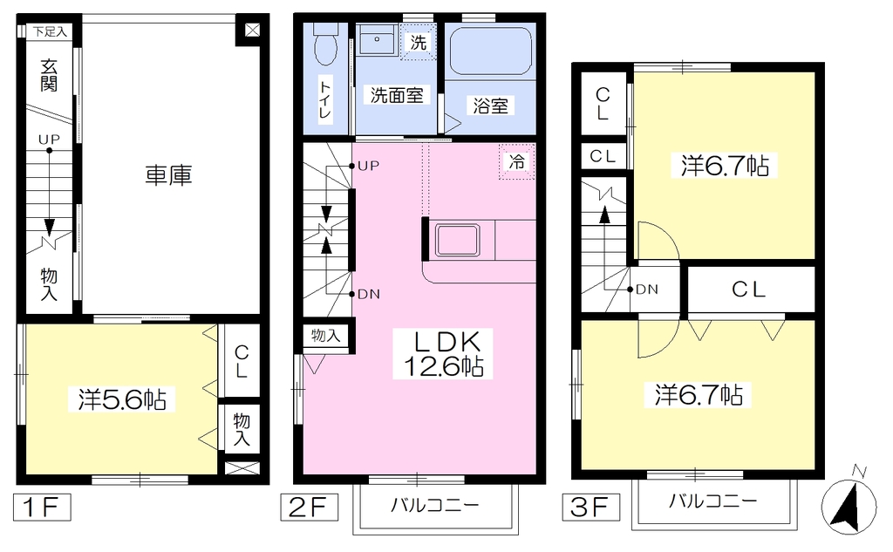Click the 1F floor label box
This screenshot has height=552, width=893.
click(x=42, y=507)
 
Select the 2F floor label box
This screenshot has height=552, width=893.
click(x=310, y=507)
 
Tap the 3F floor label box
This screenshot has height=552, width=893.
click(x=591, y=507)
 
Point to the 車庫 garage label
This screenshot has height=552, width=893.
click(x=168, y=175)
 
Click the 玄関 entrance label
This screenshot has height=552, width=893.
click(x=49, y=76)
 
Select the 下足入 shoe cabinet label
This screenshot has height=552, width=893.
click(x=50, y=32)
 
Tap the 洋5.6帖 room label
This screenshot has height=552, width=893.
click(x=122, y=399)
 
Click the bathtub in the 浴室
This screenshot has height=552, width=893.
click(x=490, y=51)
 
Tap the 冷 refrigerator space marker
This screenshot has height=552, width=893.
click(x=517, y=162)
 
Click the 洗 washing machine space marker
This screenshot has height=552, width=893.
click(x=419, y=42)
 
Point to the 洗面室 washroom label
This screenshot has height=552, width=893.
click(x=397, y=95)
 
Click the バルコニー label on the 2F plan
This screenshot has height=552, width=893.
click(x=435, y=505)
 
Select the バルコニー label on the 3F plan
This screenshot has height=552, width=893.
click(x=713, y=501)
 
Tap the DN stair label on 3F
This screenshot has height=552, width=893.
click(x=647, y=290)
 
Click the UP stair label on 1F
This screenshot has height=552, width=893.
click(x=49, y=139)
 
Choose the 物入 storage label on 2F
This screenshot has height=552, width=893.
click(x=326, y=336)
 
